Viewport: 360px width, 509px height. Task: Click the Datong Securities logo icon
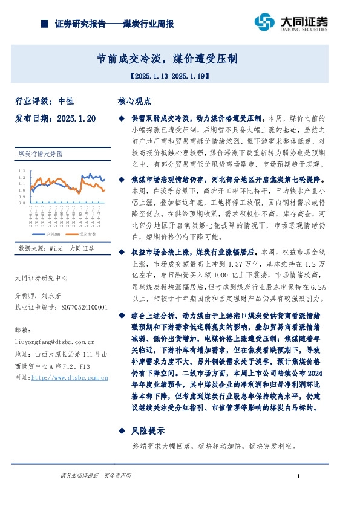[264, 22]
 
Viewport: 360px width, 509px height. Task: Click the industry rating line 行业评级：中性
[44, 101]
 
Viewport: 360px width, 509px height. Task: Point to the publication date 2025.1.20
[76, 119]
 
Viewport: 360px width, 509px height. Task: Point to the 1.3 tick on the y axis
[22, 171]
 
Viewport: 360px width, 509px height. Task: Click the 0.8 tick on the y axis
[22, 203]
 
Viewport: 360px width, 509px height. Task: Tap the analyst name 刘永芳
[52, 297]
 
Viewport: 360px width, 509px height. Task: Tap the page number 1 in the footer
[299, 477]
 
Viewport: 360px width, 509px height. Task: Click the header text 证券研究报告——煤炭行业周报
[114, 24]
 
